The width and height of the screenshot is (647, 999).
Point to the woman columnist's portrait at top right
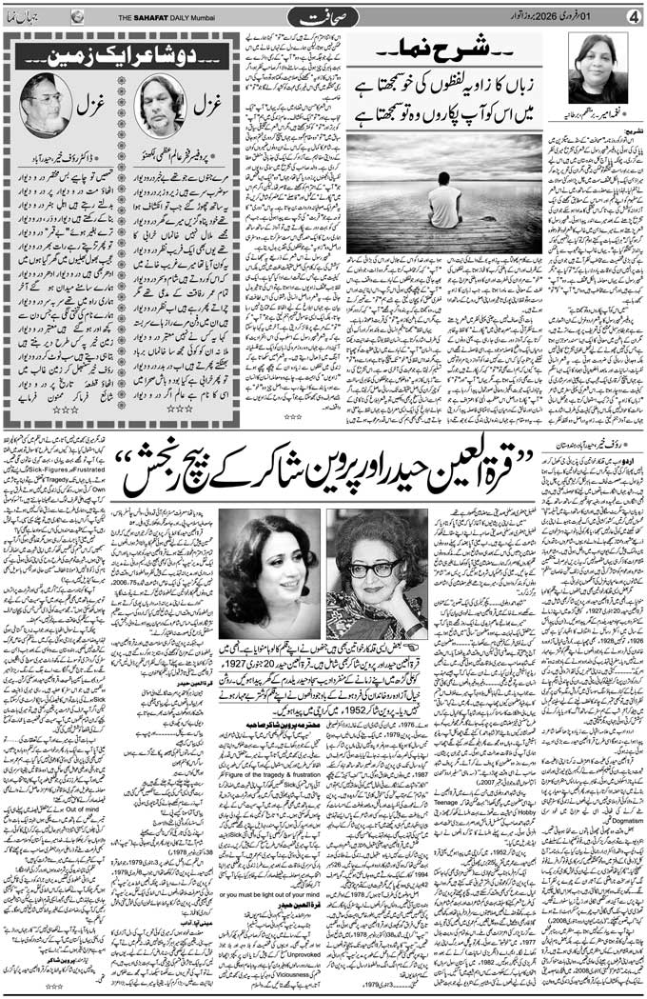coord(598,70)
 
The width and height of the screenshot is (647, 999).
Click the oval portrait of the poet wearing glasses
coord(45,106)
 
